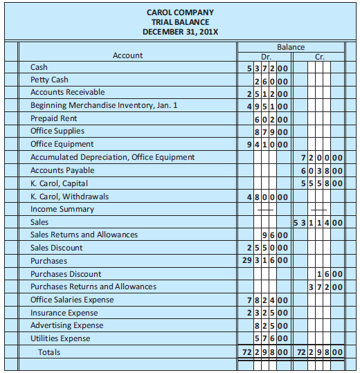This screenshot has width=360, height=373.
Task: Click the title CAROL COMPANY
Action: pyautogui.click(x=180, y=12)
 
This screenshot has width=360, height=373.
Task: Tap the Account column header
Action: pyautogui.click(x=127, y=55)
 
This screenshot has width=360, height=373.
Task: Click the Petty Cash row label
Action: pyautogui.click(x=49, y=80)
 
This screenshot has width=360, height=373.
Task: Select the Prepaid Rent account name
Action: pyautogui.click(x=54, y=118)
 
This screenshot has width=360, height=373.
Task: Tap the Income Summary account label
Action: pyautogui.click(x=62, y=209)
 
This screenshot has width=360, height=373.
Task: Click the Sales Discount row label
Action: pyautogui.click(x=56, y=248)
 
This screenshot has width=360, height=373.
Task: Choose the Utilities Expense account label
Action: pyautogui.click(x=60, y=338)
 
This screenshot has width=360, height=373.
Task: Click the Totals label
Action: pyautogui.click(x=49, y=352)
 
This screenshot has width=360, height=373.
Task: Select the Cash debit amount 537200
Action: pyautogui.click(x=263, y=68)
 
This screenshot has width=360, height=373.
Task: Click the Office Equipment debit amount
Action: pyautogui.click(x=263, y=145)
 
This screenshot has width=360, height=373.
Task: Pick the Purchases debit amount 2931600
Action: pyautogui.click(x=263, y=261)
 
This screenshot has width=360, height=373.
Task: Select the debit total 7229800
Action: pyautogui.click(x=263, y=352)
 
